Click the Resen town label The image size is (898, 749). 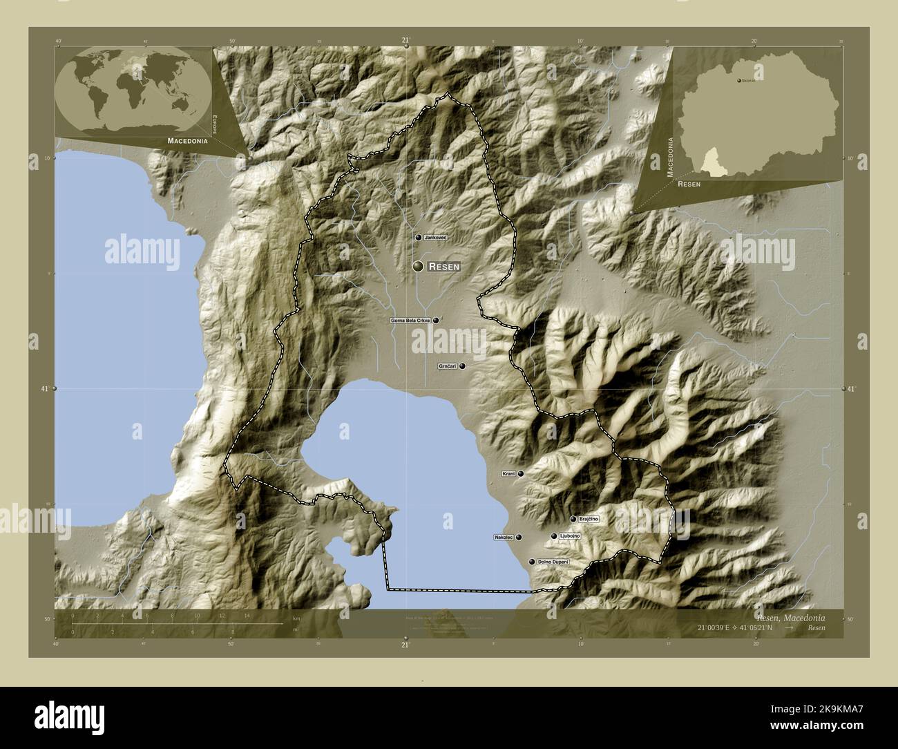tap(443, 266)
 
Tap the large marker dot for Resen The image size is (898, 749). tap(418, 266)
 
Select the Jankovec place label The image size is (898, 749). tap(435, 238)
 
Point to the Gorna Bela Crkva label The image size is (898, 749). tap(410, 321)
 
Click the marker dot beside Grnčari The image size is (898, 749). tap(462, 366)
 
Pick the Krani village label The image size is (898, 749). tap(508, 474)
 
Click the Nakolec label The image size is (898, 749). tap(504, 537)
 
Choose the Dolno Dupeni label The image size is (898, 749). tap(553, 563)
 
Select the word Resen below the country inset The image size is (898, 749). tap(689, 184)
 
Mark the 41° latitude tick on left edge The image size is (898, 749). tap(55, 389)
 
